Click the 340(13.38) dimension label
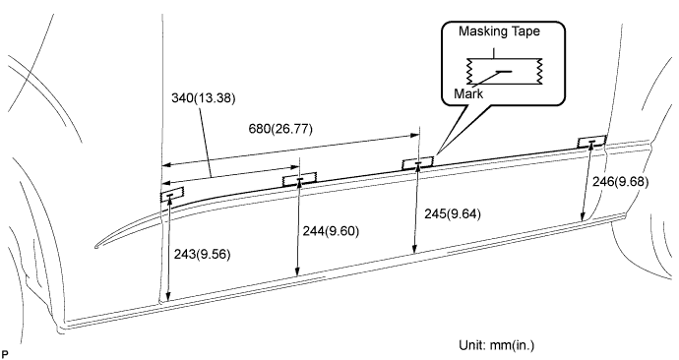[204, 98]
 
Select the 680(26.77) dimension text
[280, 129]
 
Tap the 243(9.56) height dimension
[203, 255]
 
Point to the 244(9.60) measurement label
[331, 231]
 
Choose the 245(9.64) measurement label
[453, 213]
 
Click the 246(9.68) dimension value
[621, 182]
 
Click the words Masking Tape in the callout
[499, 31]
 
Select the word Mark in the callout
[468, 93]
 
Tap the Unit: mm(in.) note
[497, 345]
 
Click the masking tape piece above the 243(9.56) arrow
[172, 195]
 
